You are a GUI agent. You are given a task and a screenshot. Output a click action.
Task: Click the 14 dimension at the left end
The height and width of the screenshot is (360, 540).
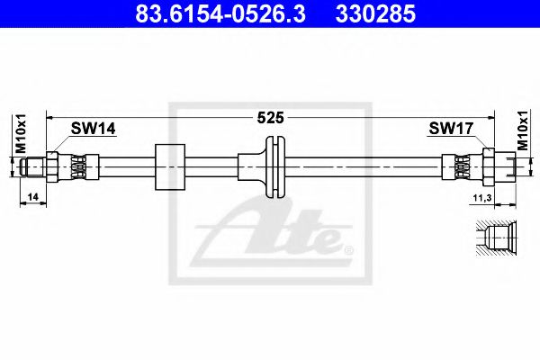(32, 195)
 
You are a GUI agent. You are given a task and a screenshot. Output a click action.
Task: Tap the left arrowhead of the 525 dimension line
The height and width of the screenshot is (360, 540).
(52, 117)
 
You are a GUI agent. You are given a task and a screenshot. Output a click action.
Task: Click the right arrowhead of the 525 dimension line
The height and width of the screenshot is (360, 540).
(490, 117)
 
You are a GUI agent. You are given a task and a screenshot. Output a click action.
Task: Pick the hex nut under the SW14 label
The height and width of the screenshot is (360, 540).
(53, 166)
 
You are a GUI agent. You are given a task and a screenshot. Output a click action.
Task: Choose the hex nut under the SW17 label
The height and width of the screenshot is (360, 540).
(489, 166)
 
